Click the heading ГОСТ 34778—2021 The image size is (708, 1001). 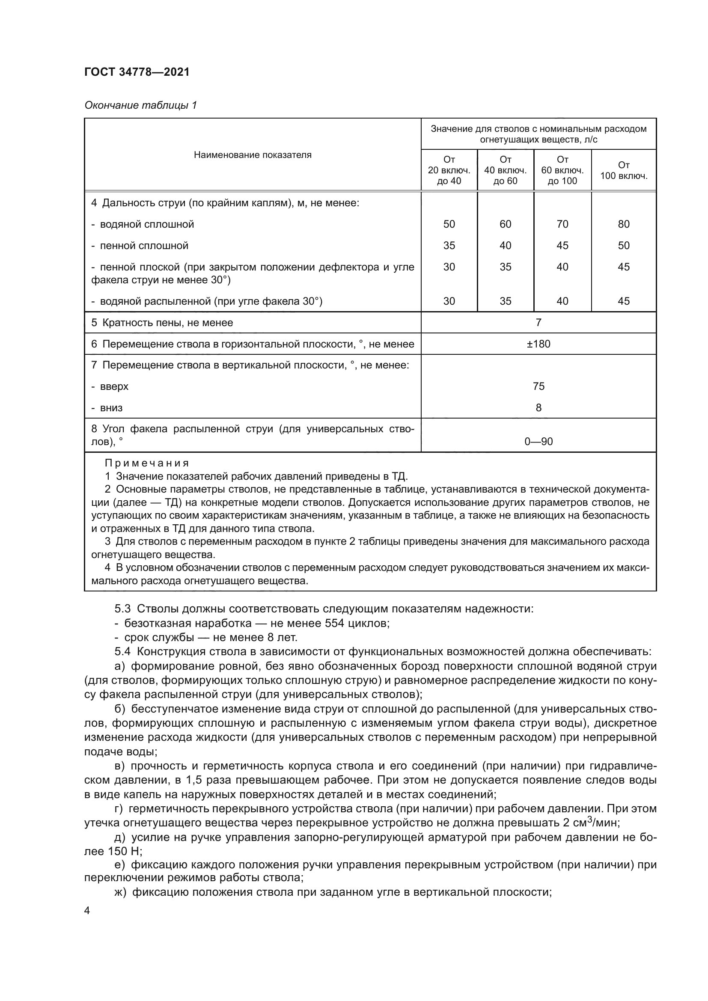137,72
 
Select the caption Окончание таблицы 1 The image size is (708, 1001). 140,105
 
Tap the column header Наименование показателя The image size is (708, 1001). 253,155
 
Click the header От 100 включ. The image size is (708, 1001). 623,170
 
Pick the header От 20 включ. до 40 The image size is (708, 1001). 449,170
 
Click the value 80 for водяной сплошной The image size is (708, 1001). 623,224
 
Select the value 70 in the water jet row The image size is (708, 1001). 562,224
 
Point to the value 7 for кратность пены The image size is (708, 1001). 538,323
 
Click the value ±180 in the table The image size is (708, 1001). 538,344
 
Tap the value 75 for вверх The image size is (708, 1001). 538,386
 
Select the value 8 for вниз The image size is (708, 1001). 538,408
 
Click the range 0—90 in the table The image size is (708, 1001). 538,442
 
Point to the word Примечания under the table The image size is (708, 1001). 146,463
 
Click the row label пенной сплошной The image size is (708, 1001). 144,246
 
